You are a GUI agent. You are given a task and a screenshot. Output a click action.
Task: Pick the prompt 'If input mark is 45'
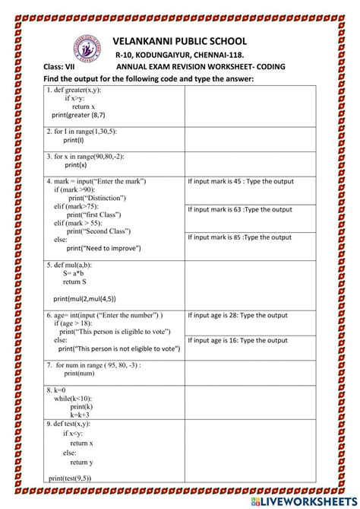tap(240, 182)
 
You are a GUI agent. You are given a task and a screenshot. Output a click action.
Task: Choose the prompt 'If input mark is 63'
tap(240, 209)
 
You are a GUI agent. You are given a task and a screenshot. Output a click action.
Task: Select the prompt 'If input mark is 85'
tap(240, 237)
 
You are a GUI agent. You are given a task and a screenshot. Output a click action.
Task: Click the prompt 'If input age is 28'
tap(238, 315)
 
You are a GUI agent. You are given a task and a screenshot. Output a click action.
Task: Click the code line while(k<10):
tap(77, 398)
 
